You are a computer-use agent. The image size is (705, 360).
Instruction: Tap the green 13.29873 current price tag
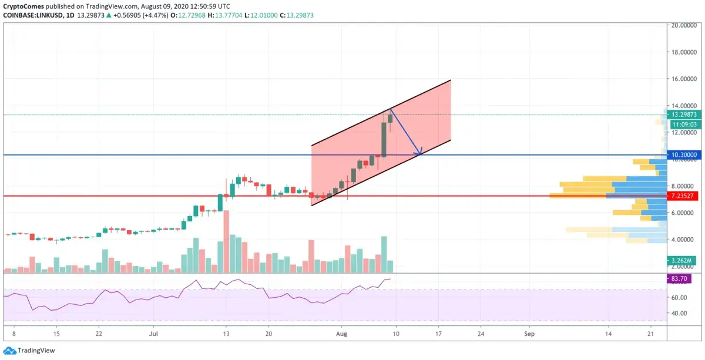click(684, 115)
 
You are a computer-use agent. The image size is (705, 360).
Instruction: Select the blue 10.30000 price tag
click(684, 155)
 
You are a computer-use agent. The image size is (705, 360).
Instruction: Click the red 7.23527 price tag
click(684, 195)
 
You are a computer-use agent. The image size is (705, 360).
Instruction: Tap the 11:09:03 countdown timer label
click(684, 124)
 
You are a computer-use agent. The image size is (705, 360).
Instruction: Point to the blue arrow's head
click(421, 154)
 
